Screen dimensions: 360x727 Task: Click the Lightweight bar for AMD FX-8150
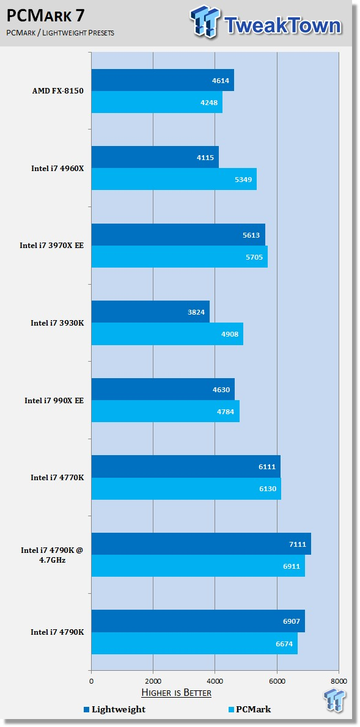coord(163,80)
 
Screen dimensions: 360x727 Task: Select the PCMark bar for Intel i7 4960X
coord(174,179)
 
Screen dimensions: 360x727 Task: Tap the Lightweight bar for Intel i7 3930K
coord(150,312)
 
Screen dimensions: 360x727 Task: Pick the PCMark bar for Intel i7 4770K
coord(186,489)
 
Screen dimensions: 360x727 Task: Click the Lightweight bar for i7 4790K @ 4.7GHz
coord(201,544)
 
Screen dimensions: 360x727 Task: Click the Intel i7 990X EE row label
coord(54,400)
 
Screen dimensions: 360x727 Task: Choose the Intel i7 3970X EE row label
coord(52,245)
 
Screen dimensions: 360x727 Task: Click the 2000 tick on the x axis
coord(153,681)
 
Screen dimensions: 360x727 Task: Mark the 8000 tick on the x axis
coord(339,681)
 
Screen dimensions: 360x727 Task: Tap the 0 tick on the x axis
coord(92,681)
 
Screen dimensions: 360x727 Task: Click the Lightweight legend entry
coord(114,709)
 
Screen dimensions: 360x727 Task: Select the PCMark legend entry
coord(250,709)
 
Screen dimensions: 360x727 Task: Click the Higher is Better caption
coord(176,693)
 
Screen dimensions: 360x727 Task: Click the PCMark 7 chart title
coord(45,16)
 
